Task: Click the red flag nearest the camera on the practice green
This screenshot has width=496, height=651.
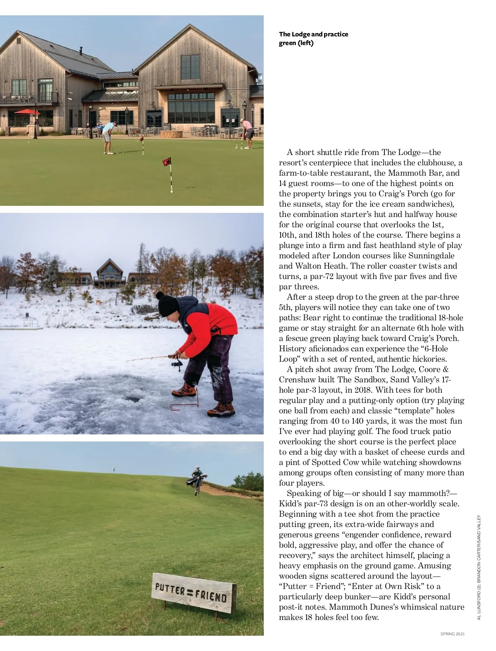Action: (167, 162)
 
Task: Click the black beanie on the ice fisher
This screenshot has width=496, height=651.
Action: (168, 304)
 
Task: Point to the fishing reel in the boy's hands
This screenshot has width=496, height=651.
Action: (179, 364)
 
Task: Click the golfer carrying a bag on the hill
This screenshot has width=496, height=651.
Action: (198, 479)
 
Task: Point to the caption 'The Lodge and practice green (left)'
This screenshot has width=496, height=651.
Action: (313, 38)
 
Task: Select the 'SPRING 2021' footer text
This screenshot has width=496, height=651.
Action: (452, 634)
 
